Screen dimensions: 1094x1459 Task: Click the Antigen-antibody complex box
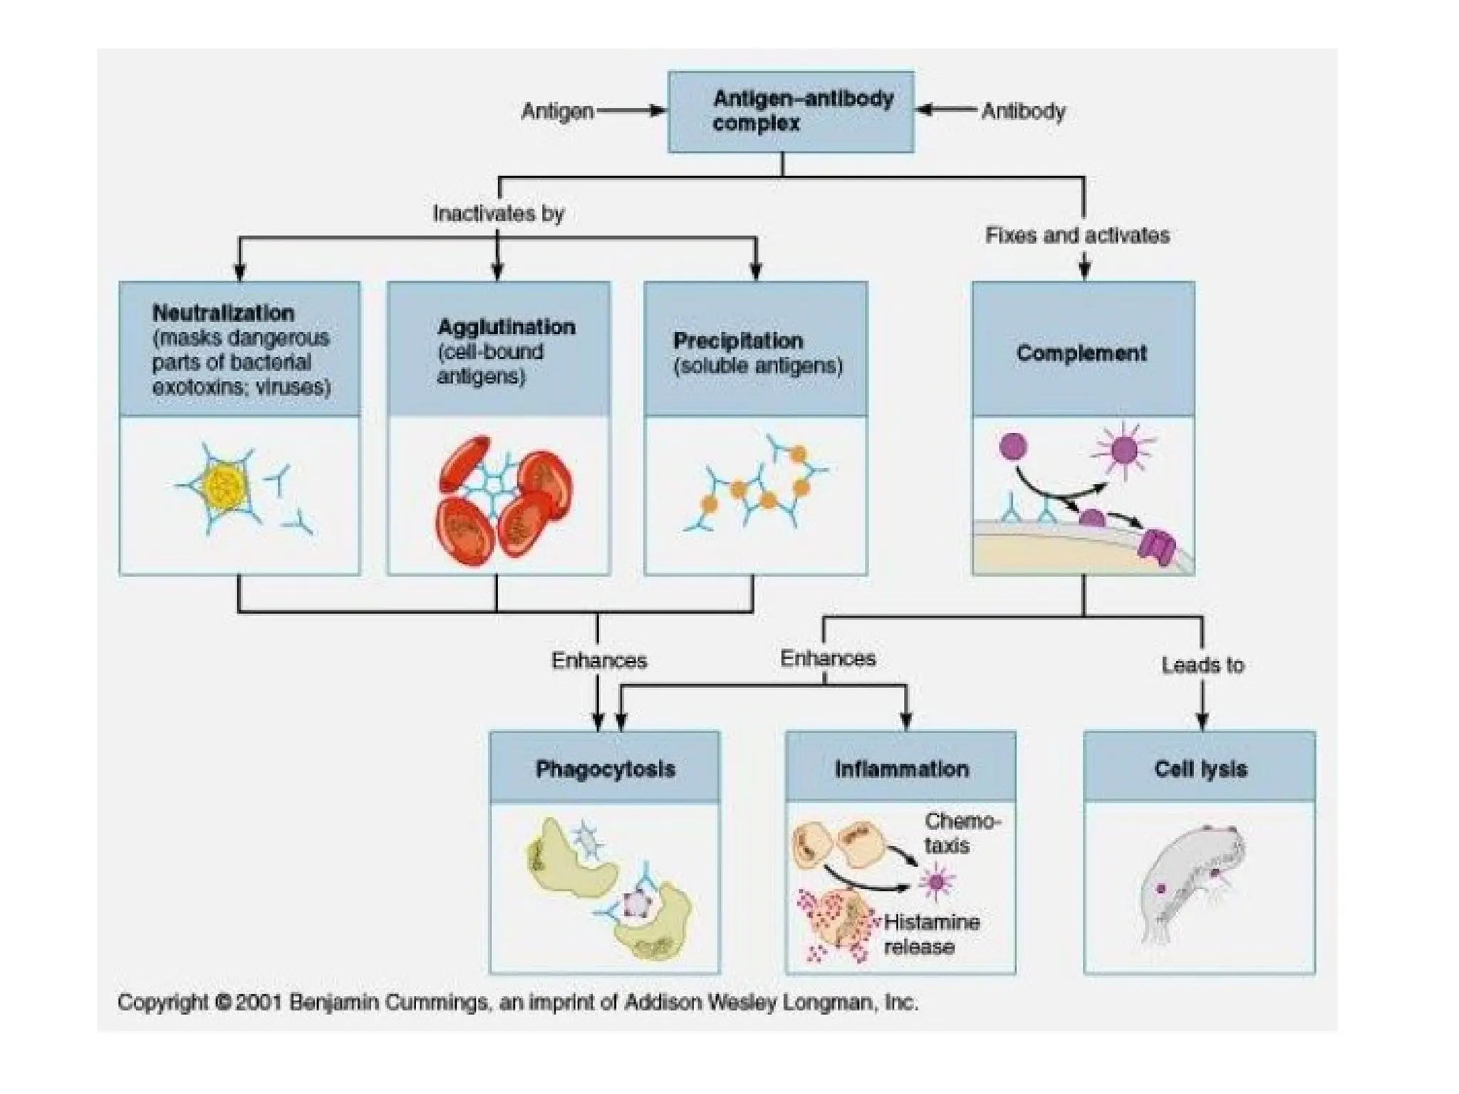click(x=790, y=111)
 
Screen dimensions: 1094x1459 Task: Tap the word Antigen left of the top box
click(x=557, y=111)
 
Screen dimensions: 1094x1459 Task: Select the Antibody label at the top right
click(x=1023, y=111)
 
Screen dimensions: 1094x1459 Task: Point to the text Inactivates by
click(x=499, y=213)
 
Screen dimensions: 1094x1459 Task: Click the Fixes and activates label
click(x=1077, y=235)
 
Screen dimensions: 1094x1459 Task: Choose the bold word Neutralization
click(x=223, y=313)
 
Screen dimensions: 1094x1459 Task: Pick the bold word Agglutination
click(x=506, y=327)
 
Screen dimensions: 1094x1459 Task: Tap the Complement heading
click(x=1081, y=353)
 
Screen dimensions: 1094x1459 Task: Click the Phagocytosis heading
click(x=605, y=769)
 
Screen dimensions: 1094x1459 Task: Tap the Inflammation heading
click(x=901, y=769)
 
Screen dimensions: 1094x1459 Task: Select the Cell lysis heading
click(x=1200, y=769)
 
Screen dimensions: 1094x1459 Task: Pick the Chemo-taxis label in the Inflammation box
click(x=962, y=833)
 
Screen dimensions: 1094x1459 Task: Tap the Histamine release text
click(x=931, y=934)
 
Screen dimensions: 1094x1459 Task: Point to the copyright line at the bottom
click(x=517, y=1003)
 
